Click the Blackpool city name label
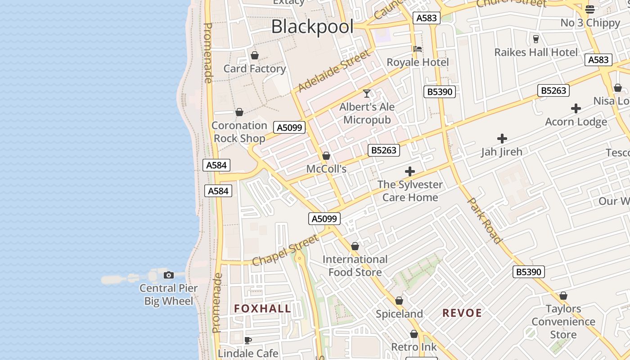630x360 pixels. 312,27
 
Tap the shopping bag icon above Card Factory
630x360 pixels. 255,55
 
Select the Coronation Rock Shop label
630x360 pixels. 239,132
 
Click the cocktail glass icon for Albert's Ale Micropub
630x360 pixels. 367,94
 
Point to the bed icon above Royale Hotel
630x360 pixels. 418,49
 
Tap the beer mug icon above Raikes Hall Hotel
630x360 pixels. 535,39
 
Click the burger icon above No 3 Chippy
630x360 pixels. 590,9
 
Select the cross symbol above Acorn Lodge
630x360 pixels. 576,108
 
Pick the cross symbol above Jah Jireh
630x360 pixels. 502,139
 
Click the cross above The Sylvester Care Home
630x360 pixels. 409,171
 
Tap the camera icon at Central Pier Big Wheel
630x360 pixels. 169,275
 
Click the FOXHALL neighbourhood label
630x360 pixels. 262,309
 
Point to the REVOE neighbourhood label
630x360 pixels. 462,313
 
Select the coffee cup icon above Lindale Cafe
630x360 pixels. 247,340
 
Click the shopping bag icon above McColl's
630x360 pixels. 326,156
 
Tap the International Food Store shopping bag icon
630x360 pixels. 355,246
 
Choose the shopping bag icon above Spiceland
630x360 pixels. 399,301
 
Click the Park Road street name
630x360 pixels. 485,220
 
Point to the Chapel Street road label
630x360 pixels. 285,250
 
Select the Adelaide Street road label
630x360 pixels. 334,70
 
